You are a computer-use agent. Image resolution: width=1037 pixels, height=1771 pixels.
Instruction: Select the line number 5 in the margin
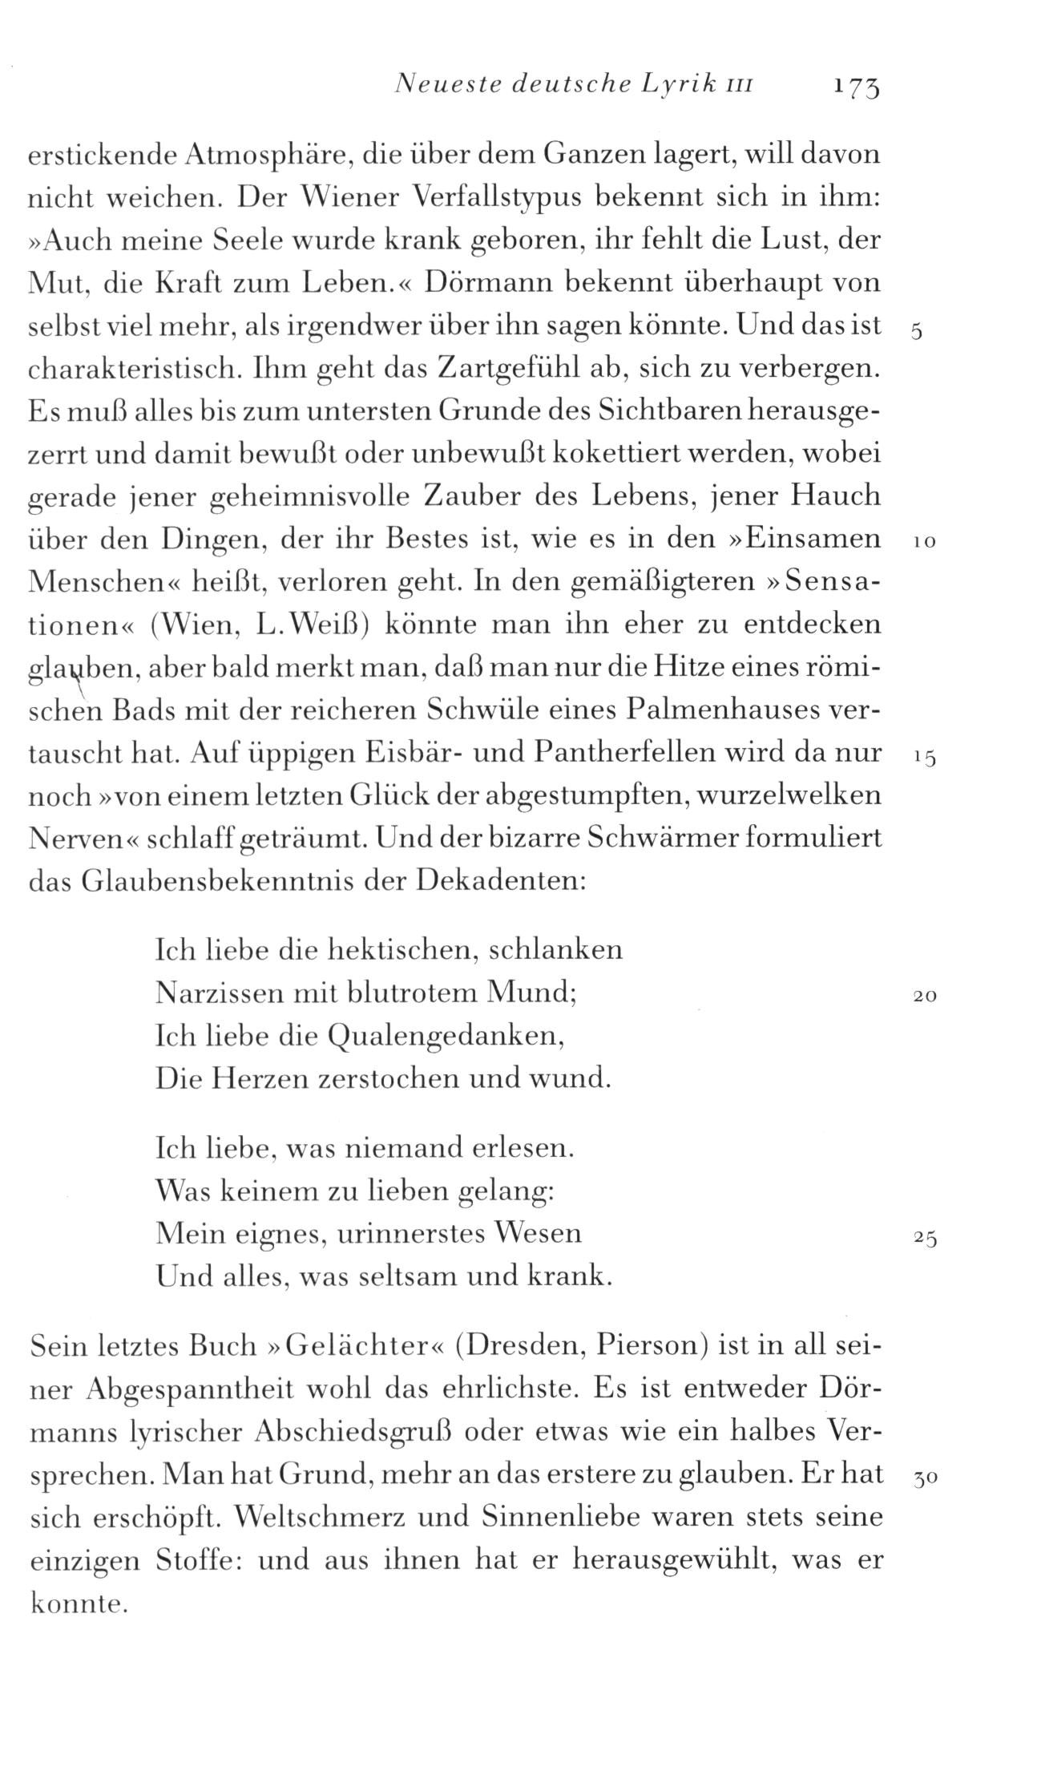click(918, 334)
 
